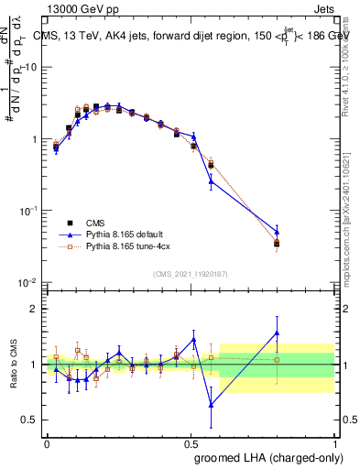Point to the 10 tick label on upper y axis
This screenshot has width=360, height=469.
30,68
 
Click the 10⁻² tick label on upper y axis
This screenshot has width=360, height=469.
28,282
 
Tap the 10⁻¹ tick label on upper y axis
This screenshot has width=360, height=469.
28,211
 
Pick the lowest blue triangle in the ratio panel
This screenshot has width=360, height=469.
212,404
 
